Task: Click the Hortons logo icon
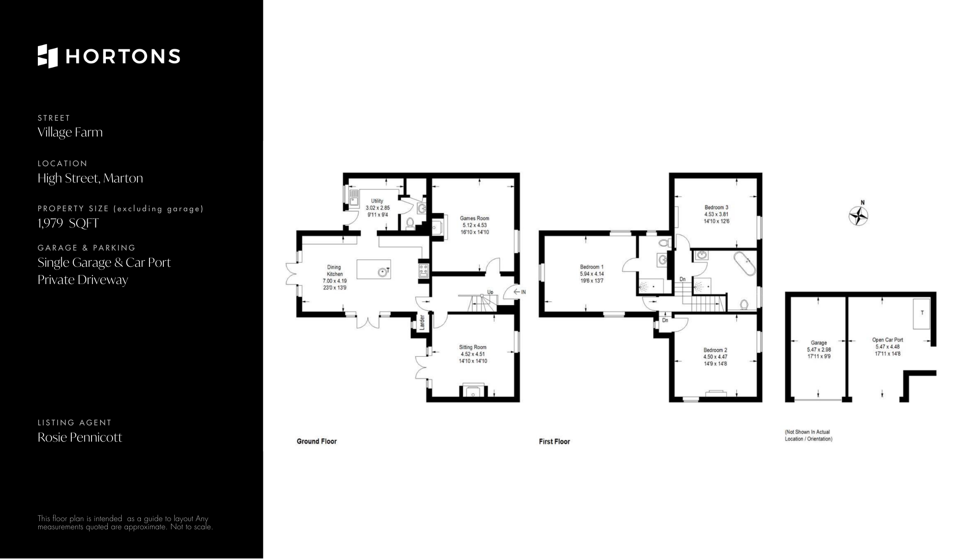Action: click(x=47, y=56)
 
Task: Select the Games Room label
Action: click(x=474, y=218)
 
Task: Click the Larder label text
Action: click(x=422, y=322)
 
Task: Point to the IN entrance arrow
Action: click(x=520, y=292)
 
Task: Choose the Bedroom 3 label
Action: click(x=716, y=207)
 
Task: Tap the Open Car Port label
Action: click(x=888, y=340)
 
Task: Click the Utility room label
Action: click(x=377, y=201)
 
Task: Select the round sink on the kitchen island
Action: click(x=382, y=273)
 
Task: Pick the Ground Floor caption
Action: click(x=317, y=441)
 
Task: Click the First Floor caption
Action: click(x=554, y=441)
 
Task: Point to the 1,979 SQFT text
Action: click(x=68, y=223)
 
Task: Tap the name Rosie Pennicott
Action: click(x=80, y=437)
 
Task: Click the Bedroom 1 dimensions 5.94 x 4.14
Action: click(x=592, y=274)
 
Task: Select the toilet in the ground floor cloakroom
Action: click(x=410, y=223)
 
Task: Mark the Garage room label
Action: click(x=819, y=343)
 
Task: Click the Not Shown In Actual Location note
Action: click(x=808, y=435)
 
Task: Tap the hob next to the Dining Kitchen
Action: click(x=423, y=271)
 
